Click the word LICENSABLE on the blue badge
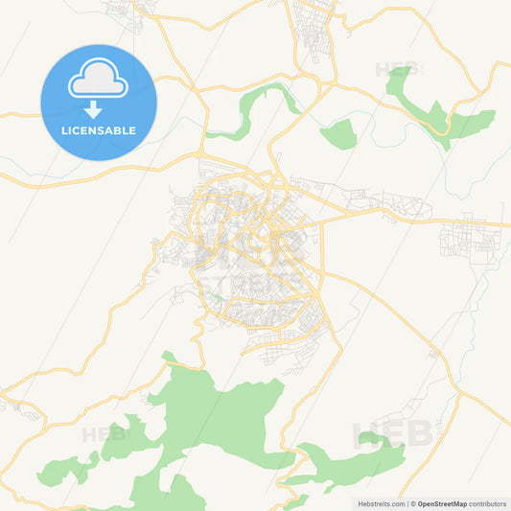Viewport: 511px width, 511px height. (x=99, y=130)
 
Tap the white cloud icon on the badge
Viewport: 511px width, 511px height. (x=98, y=81)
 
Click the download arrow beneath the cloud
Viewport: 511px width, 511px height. (x=93, y=109)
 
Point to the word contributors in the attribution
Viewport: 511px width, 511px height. (x=487, y=503)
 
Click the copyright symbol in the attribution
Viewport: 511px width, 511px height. (x=412, y=503)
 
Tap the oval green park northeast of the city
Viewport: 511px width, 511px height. (x=338, y=135)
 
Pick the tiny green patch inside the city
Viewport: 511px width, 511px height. (x=220, y=298)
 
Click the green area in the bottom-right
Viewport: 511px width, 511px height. (x=345, y=465)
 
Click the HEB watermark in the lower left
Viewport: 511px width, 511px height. (x=104, y=434)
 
